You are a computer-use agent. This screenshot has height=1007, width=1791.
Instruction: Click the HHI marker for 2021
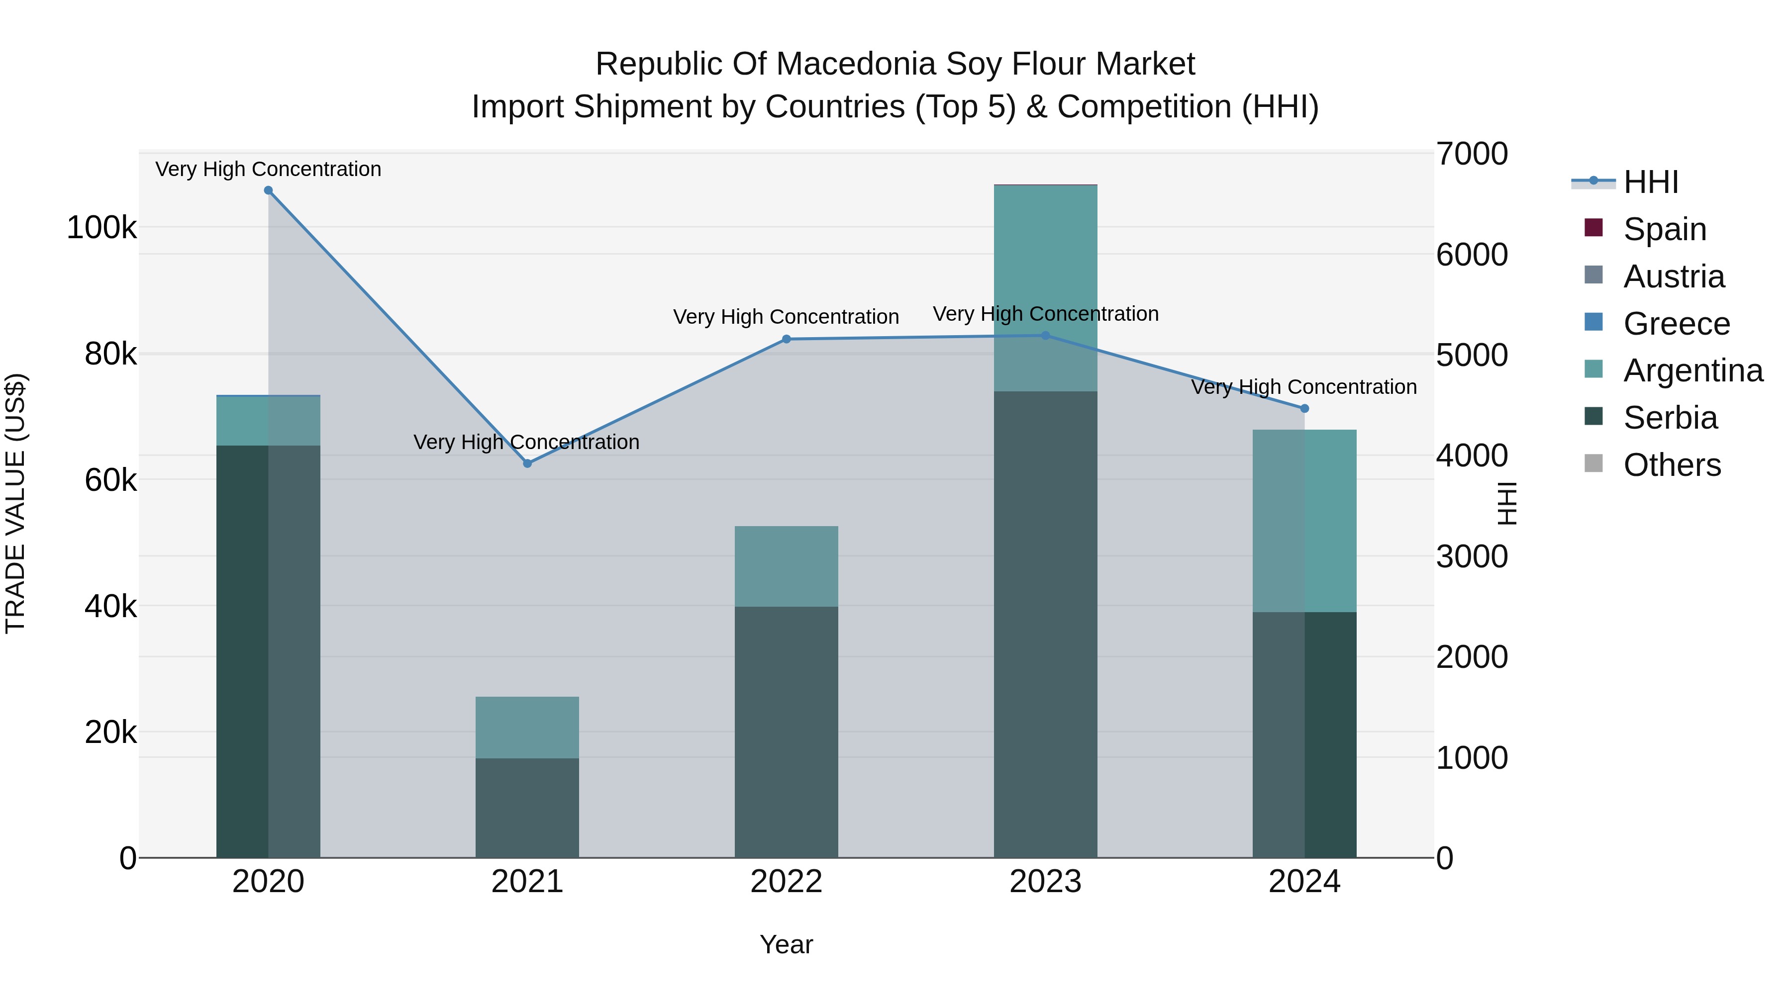point(527,463)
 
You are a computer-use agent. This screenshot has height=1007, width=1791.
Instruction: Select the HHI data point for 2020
point(268,190)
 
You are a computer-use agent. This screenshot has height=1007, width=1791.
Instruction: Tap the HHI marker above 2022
point(787,339)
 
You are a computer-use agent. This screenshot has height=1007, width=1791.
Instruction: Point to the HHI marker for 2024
point(1304,409)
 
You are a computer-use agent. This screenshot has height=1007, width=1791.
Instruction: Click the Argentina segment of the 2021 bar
point(527,727)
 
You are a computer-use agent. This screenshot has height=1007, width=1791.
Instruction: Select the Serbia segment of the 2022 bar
point(787,732)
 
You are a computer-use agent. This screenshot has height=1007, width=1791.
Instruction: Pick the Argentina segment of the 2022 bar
point(787,566)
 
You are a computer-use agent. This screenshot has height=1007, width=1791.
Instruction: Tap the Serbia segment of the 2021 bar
point(527,808)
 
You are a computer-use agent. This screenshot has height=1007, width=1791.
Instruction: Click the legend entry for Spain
point(1665,229)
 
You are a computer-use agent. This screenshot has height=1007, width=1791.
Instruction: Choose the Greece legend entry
point(1676,324)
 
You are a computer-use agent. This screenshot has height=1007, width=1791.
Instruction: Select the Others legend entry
point(1672,465)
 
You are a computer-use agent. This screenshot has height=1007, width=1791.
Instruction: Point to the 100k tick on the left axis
point(101,228)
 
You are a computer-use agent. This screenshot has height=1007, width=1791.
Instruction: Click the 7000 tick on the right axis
point(1472,154)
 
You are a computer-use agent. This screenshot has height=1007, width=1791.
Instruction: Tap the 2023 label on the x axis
point(1045,882)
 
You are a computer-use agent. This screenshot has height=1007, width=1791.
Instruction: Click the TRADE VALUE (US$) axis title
point(15,503)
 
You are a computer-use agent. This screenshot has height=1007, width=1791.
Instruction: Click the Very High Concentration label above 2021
point(526,442)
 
